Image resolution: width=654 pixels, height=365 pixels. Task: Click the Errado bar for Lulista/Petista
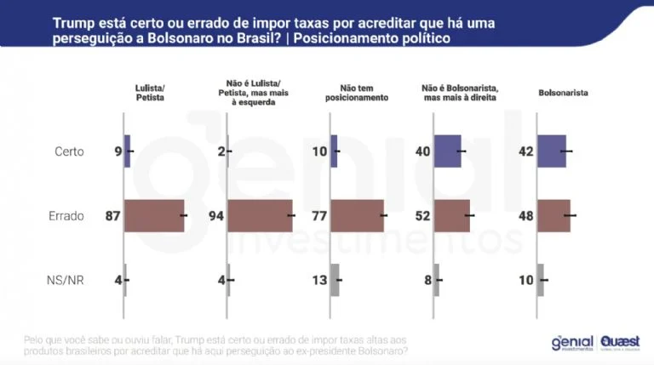point(154,216)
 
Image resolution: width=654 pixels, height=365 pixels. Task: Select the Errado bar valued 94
point(260,216)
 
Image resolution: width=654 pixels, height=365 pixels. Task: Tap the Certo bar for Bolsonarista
point(551,151)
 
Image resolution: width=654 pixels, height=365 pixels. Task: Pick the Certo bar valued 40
point(447,151)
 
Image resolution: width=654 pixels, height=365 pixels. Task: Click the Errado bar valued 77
point(357,216)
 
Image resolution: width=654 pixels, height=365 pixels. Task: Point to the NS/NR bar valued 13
point(335,279)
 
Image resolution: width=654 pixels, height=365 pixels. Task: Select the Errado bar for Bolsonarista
point(554,216)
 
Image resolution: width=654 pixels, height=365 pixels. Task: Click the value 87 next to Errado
point(112,216)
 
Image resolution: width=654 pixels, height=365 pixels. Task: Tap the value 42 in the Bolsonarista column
point(525,151)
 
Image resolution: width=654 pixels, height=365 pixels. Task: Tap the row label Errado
point(66,216)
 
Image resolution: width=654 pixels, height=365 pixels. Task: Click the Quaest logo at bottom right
point(619,342)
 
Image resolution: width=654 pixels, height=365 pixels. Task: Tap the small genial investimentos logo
point(572,342)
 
